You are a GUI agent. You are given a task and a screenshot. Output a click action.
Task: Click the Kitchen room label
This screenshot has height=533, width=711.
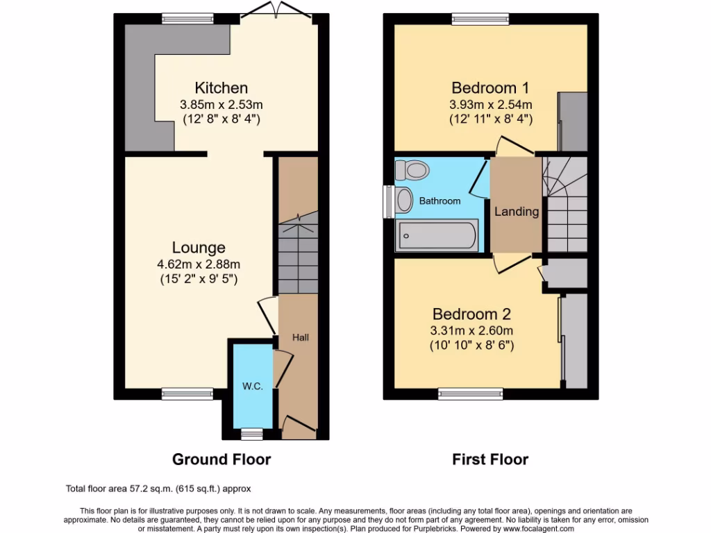point(221,88)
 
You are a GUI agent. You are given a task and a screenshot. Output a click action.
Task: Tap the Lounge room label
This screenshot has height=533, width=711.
point(199,248)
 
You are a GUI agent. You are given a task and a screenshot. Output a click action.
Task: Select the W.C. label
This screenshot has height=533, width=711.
point(252,387)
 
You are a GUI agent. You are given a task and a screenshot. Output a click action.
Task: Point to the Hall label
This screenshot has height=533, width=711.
point(300,337)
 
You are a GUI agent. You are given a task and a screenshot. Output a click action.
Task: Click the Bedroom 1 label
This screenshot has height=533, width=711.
point(490,88)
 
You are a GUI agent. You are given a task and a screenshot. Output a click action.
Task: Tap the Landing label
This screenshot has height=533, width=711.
point(517,212)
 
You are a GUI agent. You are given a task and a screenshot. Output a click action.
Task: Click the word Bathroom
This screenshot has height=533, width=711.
point(440,201)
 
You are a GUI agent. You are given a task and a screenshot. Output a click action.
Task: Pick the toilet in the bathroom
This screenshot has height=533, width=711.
point(416,169)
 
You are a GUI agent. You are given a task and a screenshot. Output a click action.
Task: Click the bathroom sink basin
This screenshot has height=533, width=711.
point(403,201)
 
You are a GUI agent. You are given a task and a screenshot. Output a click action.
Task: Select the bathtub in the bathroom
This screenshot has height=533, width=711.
point(436,236)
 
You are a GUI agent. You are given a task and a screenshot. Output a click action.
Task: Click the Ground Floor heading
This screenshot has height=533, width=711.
point(221,459)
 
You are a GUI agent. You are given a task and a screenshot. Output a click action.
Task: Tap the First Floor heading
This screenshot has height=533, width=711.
point(490,459)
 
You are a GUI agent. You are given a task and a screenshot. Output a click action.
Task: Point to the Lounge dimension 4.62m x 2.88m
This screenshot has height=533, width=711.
point(199,264)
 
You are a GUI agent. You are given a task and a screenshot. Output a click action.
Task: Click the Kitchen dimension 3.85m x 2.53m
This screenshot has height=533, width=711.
point(221,104)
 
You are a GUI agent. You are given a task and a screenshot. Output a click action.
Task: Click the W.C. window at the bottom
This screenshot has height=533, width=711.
point(252,434)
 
